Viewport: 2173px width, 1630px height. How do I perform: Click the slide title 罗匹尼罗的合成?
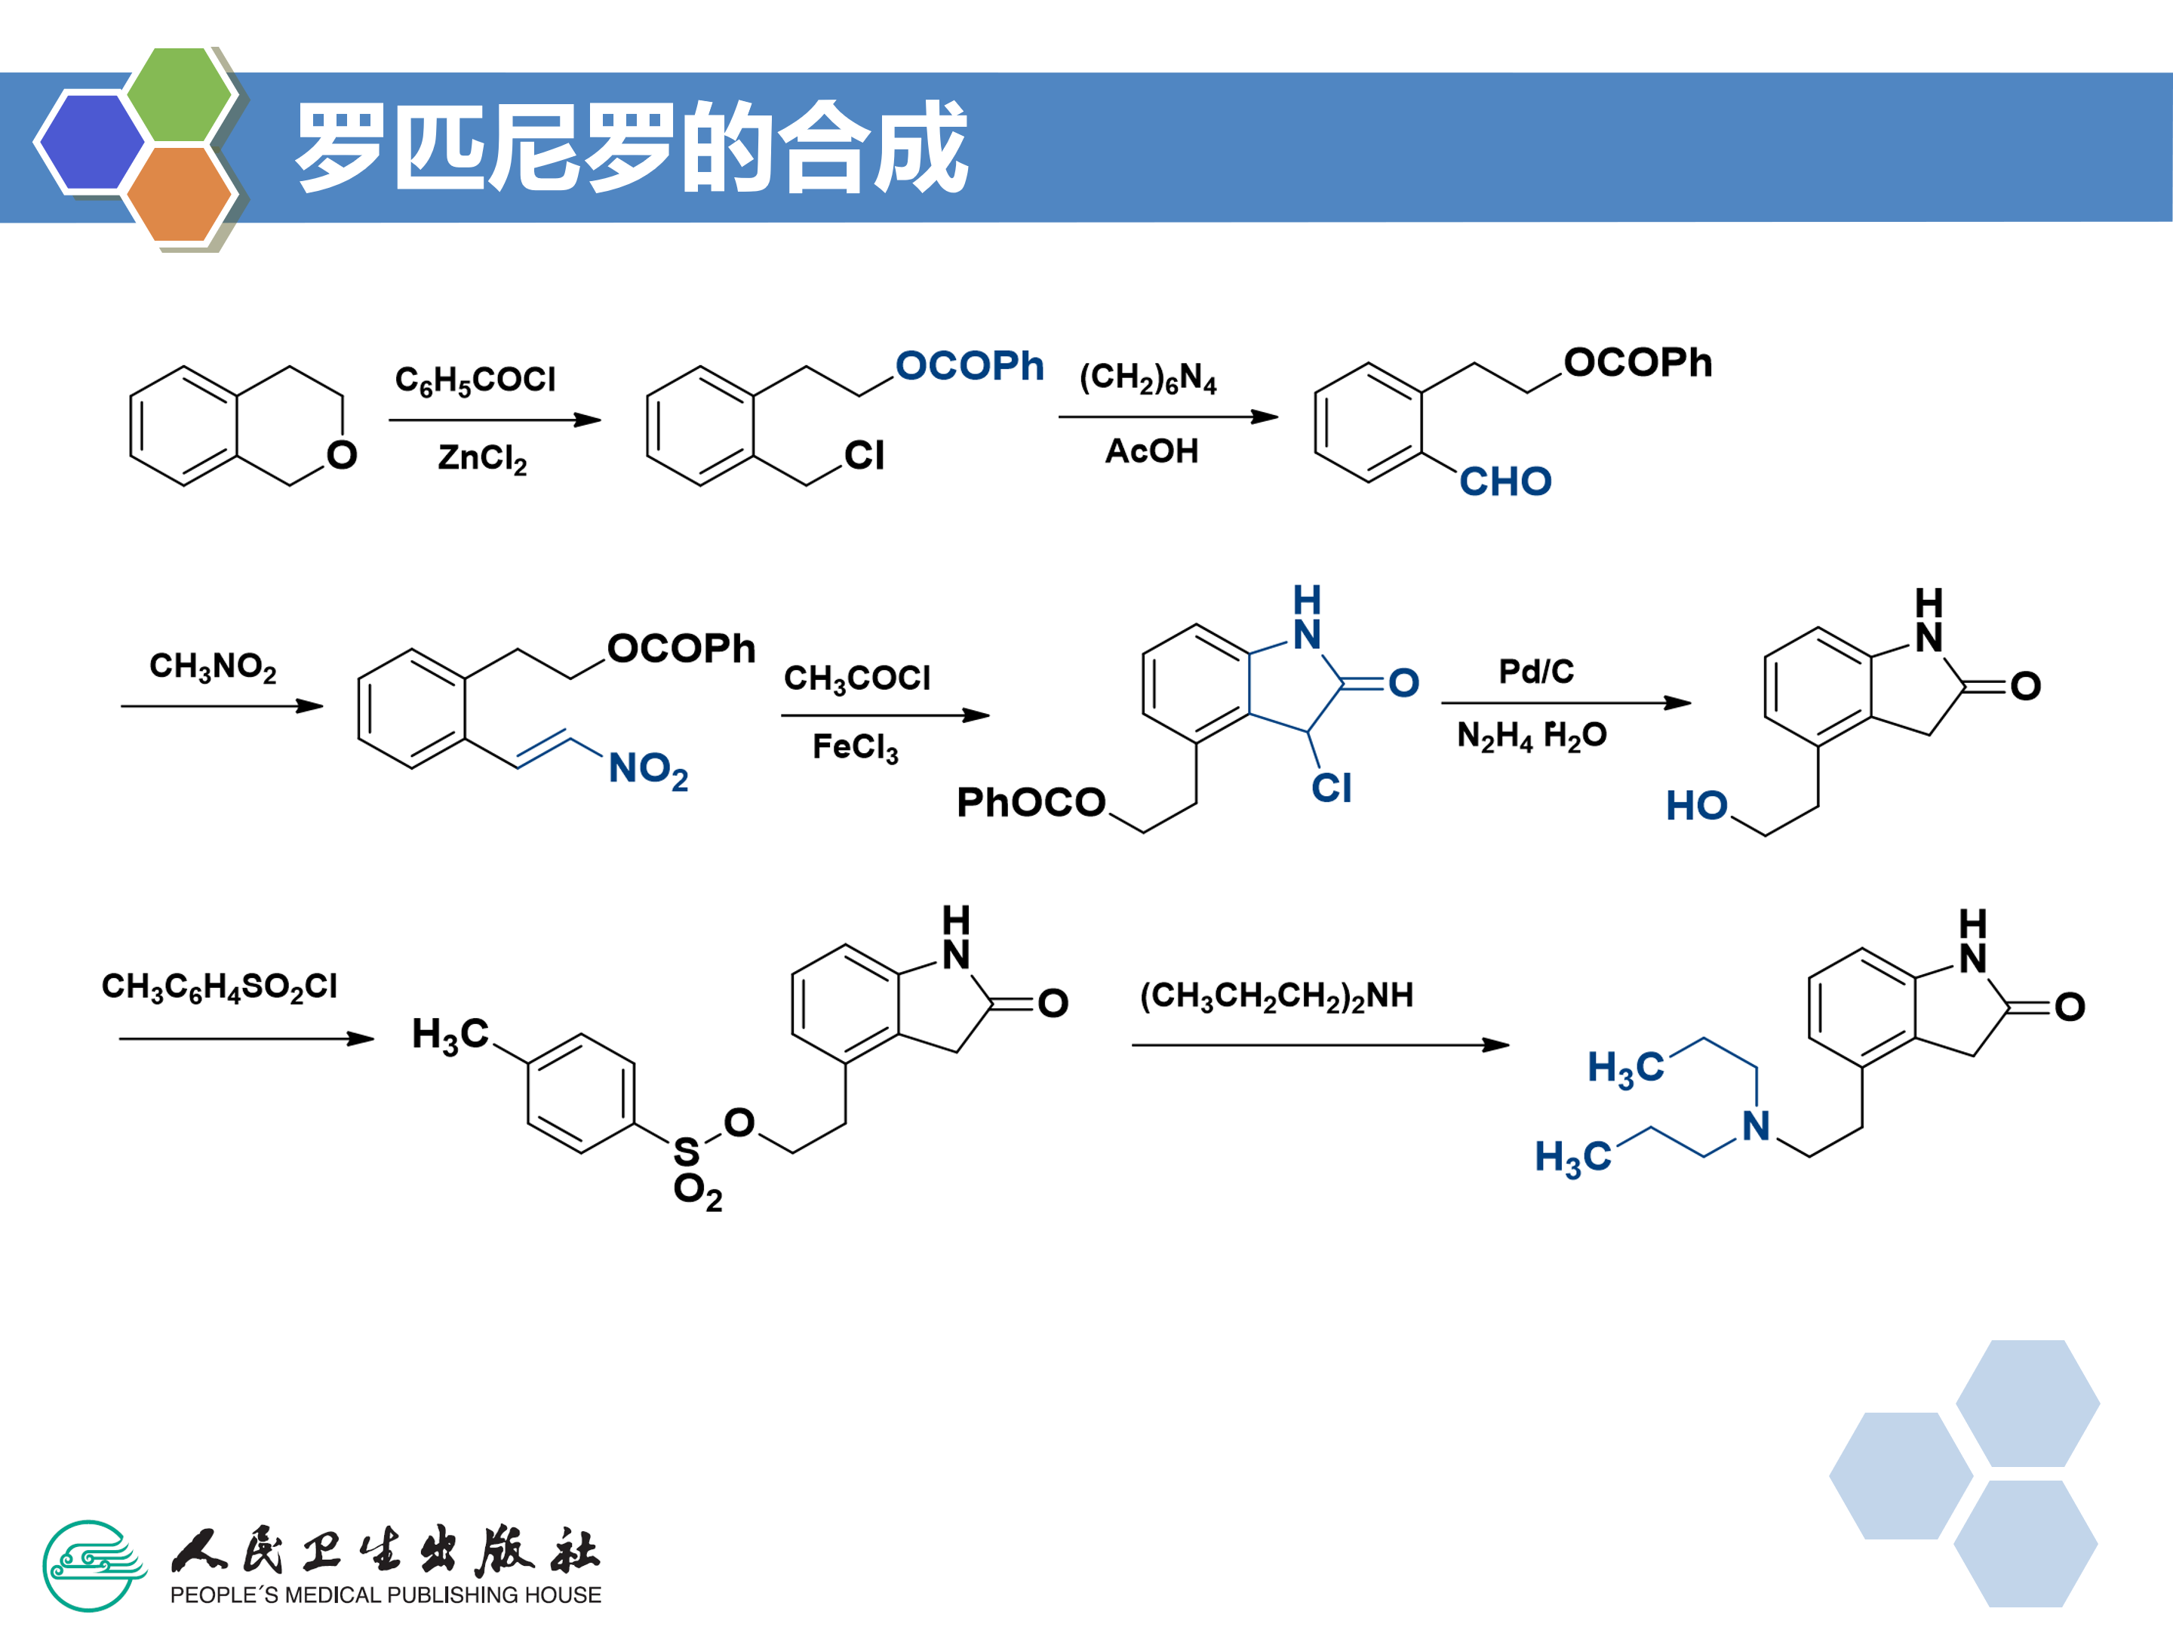click(632, 147)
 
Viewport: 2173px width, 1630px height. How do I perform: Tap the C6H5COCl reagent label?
click(475, 380)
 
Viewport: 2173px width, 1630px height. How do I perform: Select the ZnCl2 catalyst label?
click(482, 458)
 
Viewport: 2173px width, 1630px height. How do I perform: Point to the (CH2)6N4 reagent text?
click(1148, 377)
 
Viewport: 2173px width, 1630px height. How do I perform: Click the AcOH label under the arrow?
click(1151, 451)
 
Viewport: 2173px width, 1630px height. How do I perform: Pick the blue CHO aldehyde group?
click(1505, 481)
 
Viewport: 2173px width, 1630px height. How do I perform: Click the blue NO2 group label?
click(647, 768)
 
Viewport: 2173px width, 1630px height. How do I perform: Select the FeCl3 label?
click(855, 747)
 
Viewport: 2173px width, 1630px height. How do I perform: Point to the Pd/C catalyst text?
click(1535, 671)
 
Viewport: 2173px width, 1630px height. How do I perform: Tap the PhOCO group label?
click(1031, 803)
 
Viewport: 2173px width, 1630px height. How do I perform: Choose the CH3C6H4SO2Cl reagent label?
click(219, 986)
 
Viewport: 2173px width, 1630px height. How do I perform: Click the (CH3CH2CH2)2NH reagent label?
click(1276, 995)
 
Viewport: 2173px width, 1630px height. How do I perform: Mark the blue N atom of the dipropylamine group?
click(1757, 1126)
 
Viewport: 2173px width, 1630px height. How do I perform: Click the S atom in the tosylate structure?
click(687, 1151)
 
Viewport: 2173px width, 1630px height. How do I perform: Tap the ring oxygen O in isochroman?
click(342, 455)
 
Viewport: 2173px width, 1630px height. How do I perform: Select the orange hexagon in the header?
click(179, 193)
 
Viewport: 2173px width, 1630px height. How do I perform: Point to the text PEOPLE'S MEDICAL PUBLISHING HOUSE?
click(385, 1595)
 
